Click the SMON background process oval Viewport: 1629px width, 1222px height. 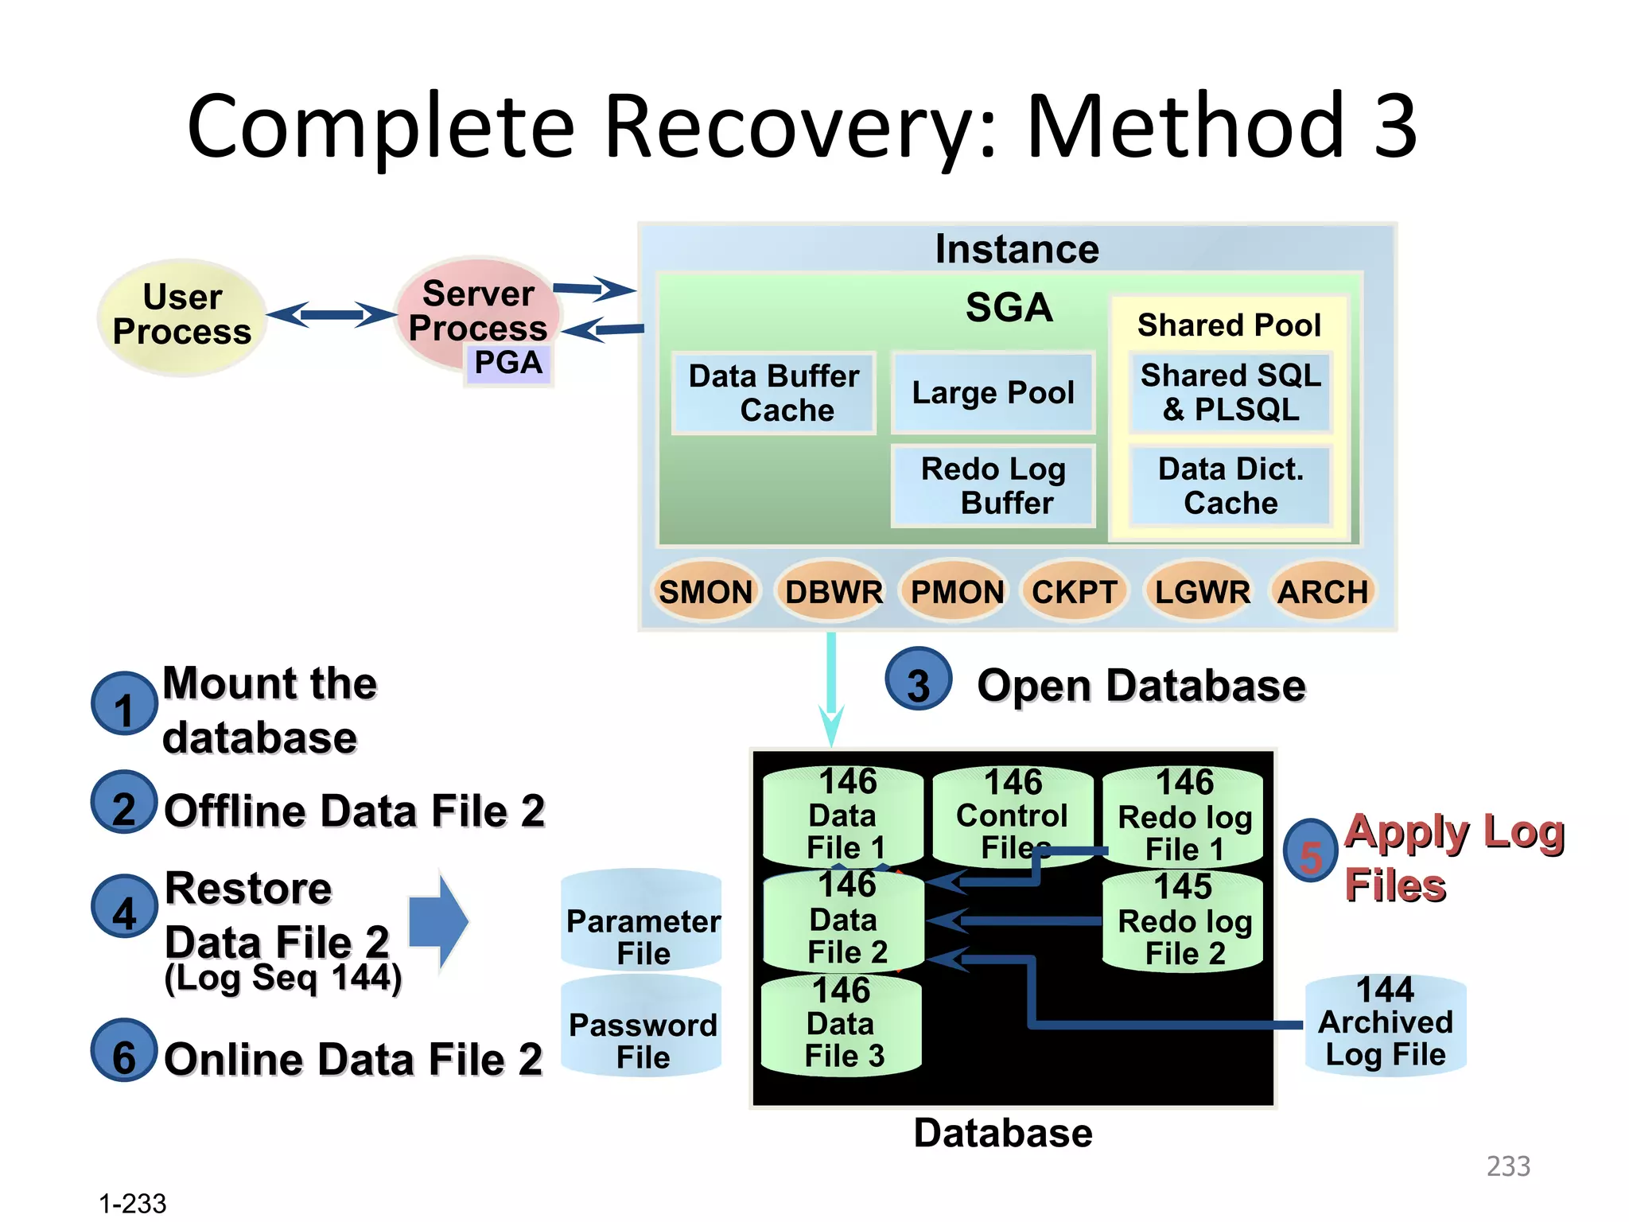pos(705,592)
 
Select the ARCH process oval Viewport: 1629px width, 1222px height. pos(1322,592)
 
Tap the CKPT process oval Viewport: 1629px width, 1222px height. pos(1075,592)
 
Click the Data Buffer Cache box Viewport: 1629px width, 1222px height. pos(774,393)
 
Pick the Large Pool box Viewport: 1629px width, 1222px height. pos(993,393)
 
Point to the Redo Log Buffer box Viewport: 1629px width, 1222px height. pos(993,486)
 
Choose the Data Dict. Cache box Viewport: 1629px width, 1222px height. pos(1230,486)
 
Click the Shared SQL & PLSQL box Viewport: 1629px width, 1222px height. pos(1230,392)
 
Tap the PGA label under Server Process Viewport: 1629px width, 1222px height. pos(508,364)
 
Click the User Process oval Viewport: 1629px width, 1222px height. pos(182,316)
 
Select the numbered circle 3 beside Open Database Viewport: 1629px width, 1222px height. pos(919,680)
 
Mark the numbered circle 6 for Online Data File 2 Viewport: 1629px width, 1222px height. pos(123,1050)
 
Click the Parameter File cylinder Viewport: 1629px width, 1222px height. pos(643,923)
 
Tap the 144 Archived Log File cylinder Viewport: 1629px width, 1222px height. pos(1386,1026)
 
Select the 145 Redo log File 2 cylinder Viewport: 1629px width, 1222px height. pos(1184,923)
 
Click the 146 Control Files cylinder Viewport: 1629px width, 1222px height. pos(1012,815)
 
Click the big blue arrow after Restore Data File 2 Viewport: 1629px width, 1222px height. pos(438,921)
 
